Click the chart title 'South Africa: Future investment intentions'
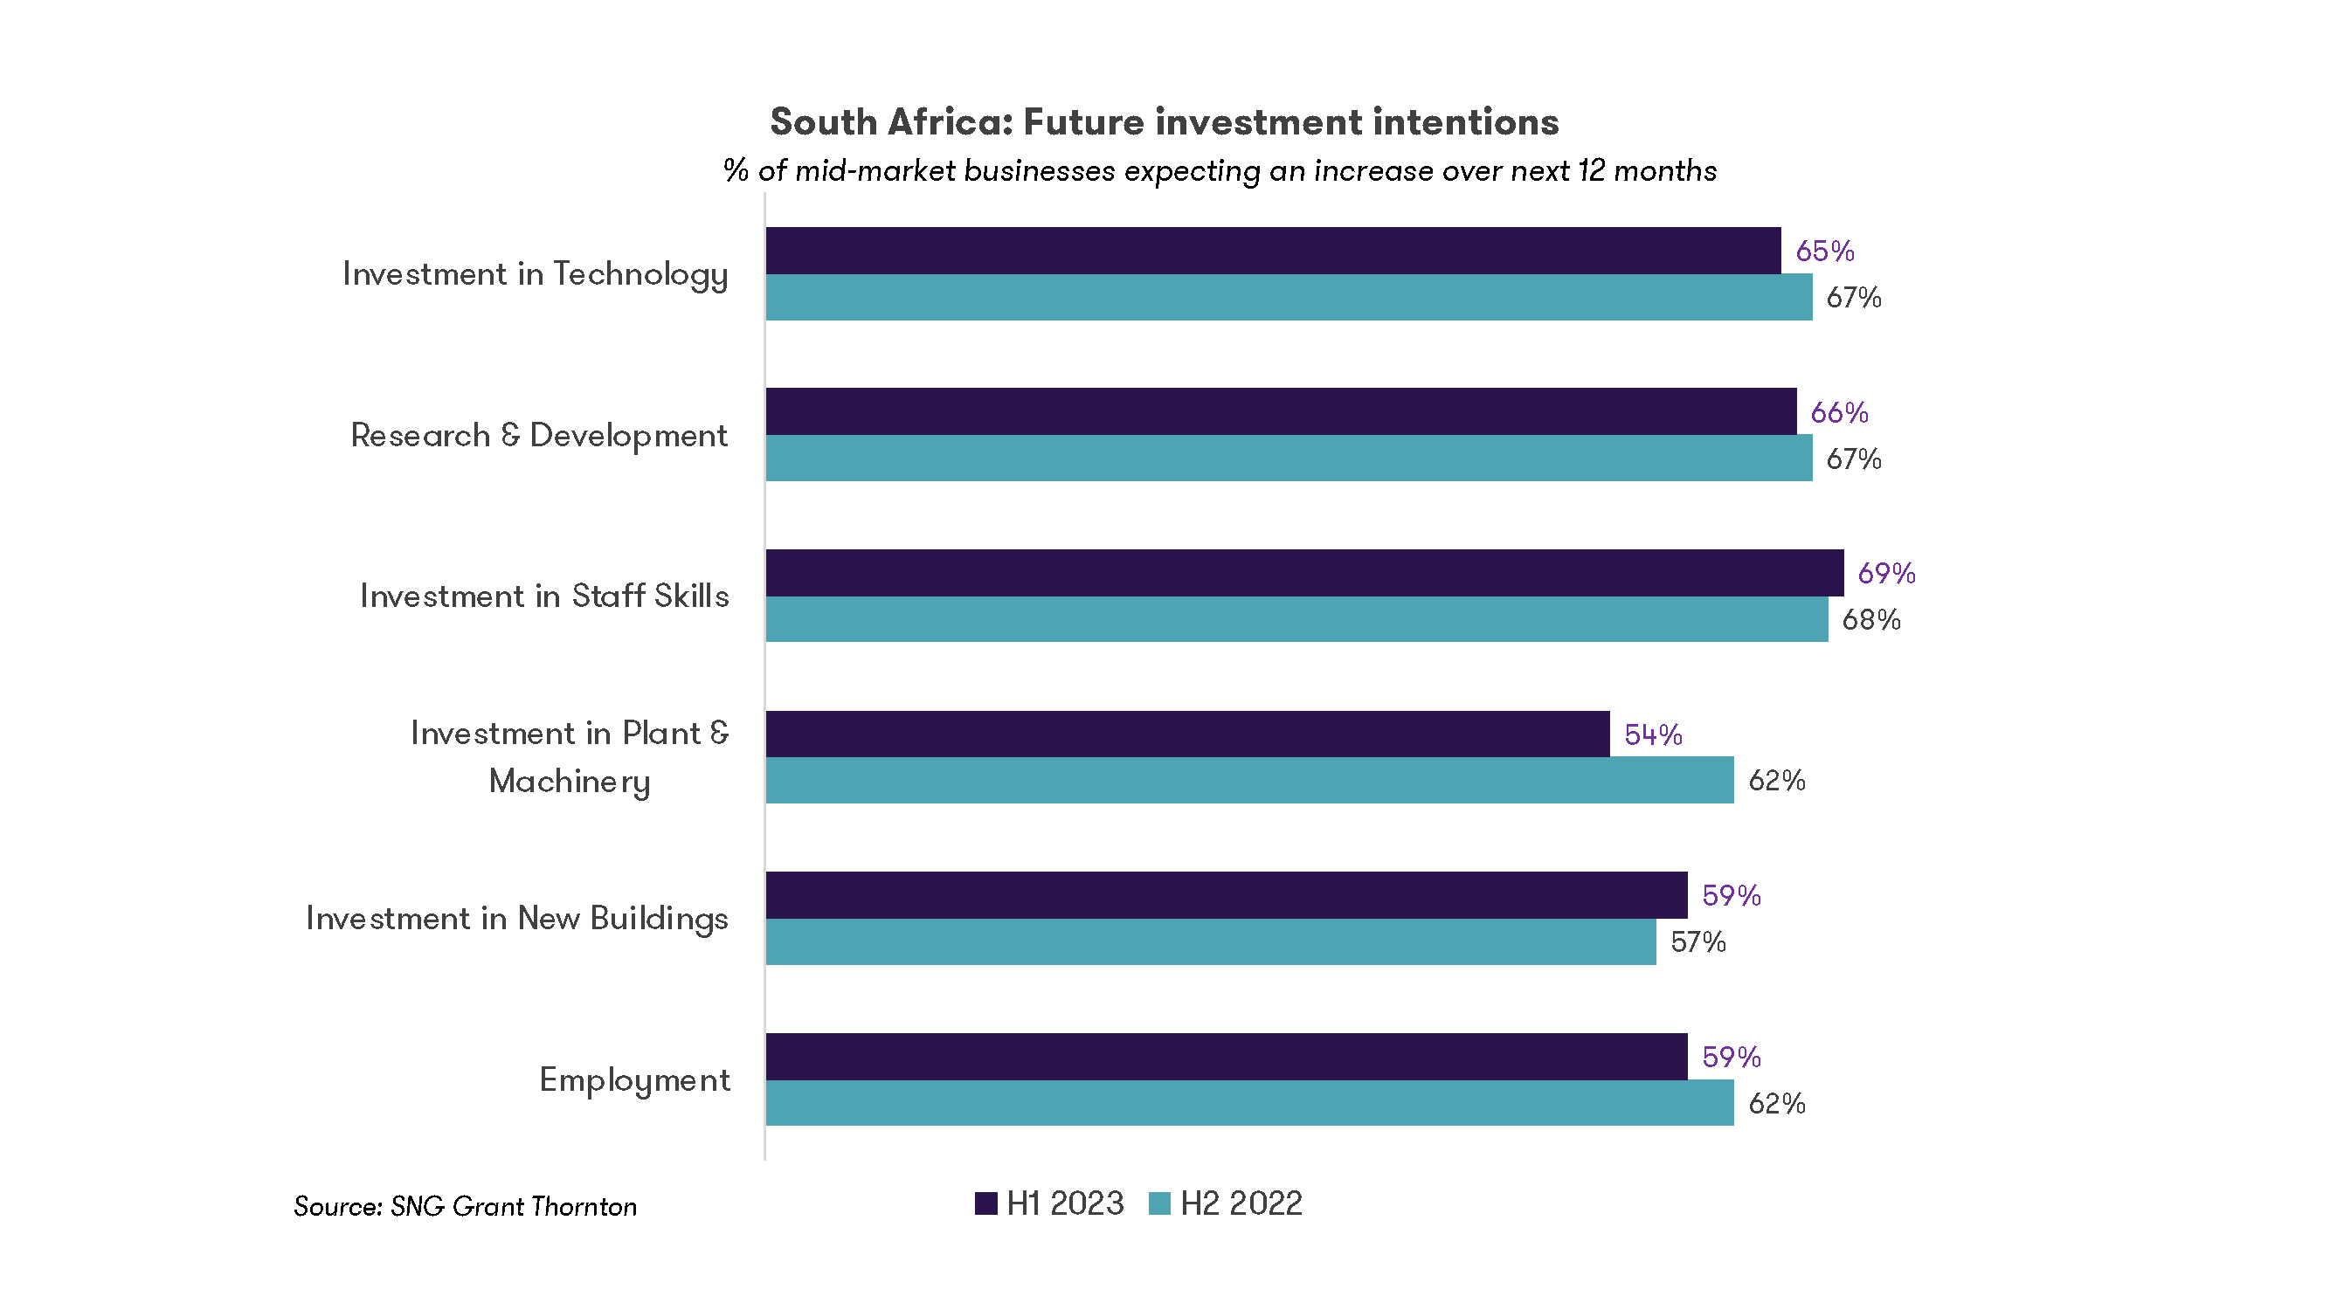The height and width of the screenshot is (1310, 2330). (x=1164, y=122)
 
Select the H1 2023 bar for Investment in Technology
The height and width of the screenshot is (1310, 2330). (x=1273, y=251)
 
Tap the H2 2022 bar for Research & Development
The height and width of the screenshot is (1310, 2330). (x=1288, y=458)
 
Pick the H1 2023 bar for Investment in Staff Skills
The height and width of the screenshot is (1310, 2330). (x=1303, y=572)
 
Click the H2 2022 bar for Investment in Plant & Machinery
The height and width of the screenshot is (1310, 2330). (x=1249, y=780)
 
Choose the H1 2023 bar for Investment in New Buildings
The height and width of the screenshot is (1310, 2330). (x=1226, y=895)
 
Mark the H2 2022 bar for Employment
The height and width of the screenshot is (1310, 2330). (x=1249, y=1103)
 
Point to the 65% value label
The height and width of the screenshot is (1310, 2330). (x=1824, y=252)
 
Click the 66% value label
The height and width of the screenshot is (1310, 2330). (x=1839, y=413)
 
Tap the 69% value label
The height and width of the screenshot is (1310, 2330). (x=1886, y=573)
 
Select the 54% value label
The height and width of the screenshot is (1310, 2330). (x=1653, y=735)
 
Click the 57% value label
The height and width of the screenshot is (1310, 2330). (x=1697, y=943)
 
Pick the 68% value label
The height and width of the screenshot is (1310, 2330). (x=1870, y=620)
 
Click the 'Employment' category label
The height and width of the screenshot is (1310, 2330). (x=634, y=1080)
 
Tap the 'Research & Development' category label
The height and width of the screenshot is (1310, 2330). (x=538, y=436)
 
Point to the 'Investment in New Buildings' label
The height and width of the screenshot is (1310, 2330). (x=516, y=919)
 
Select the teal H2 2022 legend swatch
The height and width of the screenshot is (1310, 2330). (x=1159, y=1203)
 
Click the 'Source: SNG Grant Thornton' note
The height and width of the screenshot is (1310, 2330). (x=465, y=1207)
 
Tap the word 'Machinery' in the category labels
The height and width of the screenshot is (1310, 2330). (x=569, y=782)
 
